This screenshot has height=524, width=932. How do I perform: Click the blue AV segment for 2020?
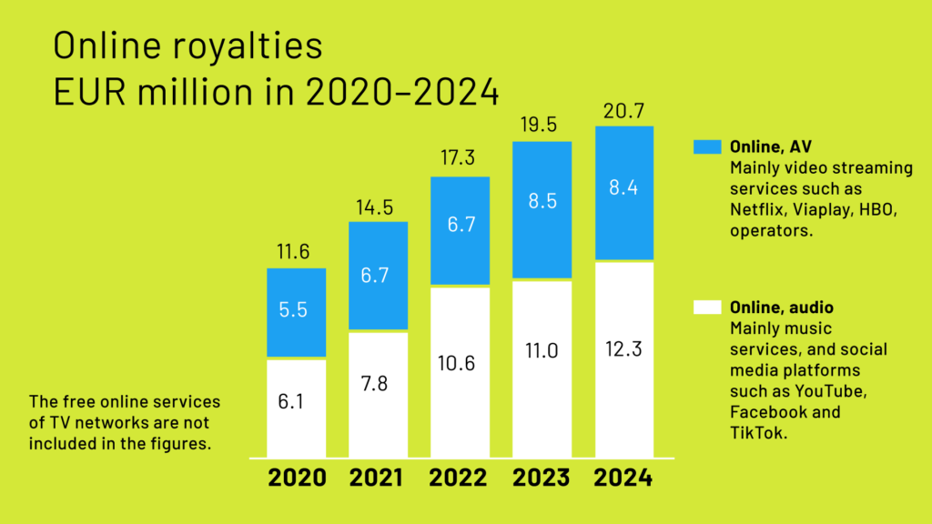tap(297, 313)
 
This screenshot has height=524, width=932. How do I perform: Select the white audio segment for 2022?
tap(461, 372)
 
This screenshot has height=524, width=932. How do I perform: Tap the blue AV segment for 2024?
tap(624, 193)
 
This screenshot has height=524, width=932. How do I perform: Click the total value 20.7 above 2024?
tap(624, 113)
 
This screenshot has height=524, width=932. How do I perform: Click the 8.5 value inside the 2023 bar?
tap(542, 200)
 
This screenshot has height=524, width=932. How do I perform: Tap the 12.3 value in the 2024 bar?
tap(624, 348)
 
